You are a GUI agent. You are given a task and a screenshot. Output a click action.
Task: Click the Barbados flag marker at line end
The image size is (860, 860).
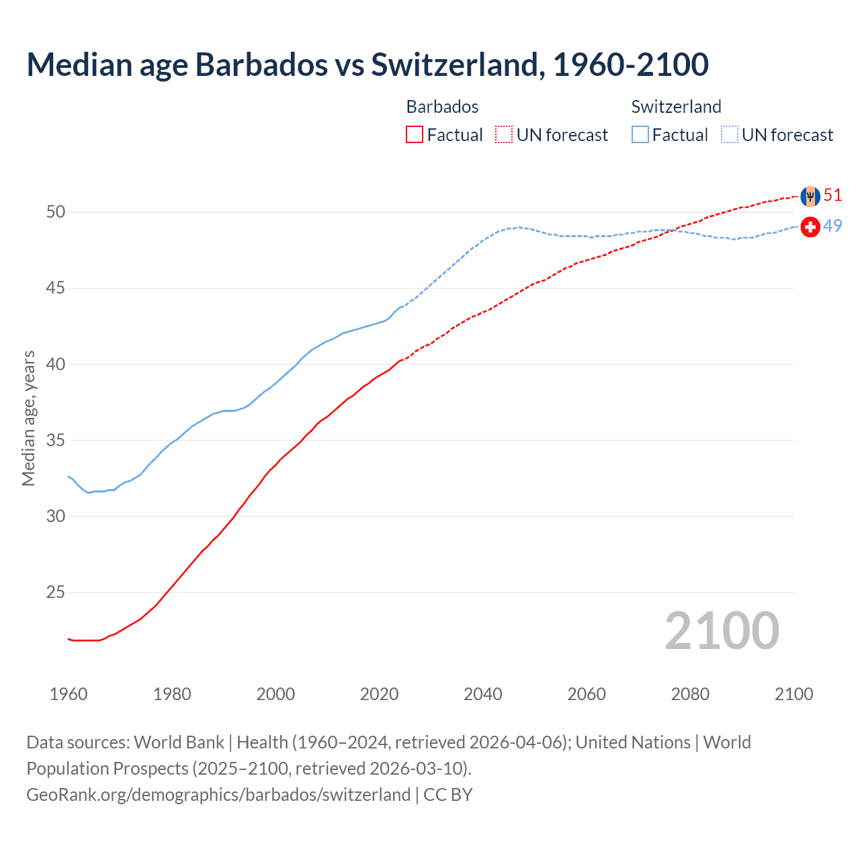[x=810, y=196]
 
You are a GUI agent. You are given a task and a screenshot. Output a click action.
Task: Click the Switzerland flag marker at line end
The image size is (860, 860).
[x=810, y=227]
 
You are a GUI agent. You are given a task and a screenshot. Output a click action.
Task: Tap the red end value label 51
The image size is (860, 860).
[x=832, y=195]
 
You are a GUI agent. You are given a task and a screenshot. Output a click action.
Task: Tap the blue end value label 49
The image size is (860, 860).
[x=832, y=226]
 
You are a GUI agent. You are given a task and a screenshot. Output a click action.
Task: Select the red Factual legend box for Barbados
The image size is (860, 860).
[x=415, y=134]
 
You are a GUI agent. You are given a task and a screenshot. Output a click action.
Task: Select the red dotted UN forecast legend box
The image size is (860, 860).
[x=504, y=134]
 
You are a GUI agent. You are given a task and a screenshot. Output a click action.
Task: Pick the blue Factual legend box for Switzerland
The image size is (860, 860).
[x=640, y=134]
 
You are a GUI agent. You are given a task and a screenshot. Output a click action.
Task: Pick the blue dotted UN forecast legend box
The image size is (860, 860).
[x=730, y=134]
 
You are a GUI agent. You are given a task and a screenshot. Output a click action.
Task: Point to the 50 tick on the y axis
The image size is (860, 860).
[x=56, y=212]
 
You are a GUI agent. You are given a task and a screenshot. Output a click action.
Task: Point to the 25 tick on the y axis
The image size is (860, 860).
[x=56, y=593]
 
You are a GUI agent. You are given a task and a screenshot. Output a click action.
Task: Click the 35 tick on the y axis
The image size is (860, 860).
[x=56, y=441]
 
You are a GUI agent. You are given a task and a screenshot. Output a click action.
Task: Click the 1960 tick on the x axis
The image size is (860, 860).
[x=69, y=694]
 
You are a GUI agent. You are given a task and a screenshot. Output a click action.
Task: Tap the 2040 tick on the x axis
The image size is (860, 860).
[x=483, y=694]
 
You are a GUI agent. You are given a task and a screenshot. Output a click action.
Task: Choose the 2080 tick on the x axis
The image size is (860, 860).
[x=690, y=694]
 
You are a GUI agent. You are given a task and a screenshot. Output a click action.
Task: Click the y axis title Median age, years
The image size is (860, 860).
[x=28, y=418]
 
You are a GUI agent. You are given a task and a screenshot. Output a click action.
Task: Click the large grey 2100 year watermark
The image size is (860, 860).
[x=722, y=632]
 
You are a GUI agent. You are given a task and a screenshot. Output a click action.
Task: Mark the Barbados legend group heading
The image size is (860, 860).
[x=442, y=107]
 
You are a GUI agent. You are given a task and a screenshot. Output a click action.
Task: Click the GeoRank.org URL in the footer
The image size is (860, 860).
[x=218, y=795]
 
